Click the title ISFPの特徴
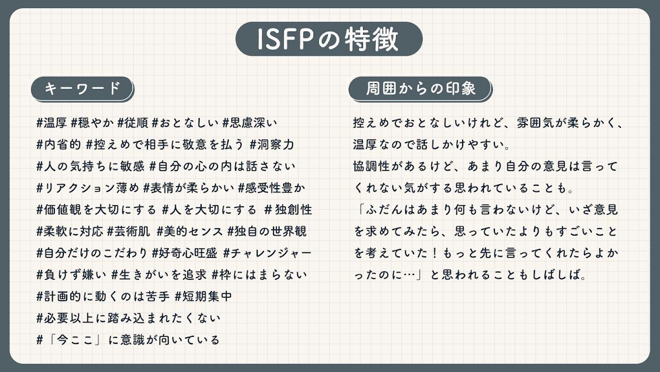328,39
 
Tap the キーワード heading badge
82,88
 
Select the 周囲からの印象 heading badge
420,88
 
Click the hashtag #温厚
52,123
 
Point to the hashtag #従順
133,123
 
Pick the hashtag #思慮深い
250,123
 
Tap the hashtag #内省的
59,144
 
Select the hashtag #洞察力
272,144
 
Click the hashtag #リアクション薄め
87,188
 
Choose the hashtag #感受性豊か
271,188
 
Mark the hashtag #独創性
288,210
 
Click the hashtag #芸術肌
128,231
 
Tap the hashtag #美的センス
189,231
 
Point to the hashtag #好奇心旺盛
185,253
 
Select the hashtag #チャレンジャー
267,253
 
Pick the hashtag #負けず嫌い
71,275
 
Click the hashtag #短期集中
203,296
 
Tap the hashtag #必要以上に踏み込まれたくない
128,318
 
